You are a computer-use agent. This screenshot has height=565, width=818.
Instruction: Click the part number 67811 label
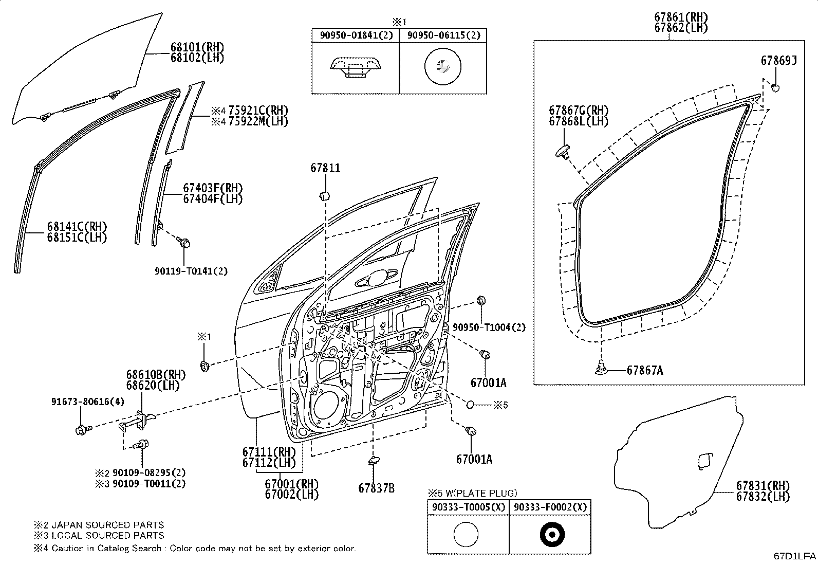(325, 168)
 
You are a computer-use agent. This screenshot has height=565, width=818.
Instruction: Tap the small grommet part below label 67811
(325, 196)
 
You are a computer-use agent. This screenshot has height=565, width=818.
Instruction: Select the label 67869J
(778, 61)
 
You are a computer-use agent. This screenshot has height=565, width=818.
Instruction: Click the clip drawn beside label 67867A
(601, 368)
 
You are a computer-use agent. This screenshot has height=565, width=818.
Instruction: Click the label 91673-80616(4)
(88, 402)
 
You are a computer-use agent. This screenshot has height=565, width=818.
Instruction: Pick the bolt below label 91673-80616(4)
(83, 429)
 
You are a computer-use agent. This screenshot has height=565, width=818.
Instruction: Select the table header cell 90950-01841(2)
(356, 35)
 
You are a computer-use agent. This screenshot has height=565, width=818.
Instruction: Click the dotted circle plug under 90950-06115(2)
(442, 66)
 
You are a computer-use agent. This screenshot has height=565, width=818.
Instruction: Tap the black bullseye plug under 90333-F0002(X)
(552, 534)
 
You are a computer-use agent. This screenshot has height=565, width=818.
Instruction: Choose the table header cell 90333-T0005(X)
(469, 507)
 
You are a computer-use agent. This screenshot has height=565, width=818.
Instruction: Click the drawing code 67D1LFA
(795, 556)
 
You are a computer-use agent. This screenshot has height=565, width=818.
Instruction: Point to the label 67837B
(376, 488)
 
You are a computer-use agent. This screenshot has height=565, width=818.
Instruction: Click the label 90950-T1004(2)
(489, 327)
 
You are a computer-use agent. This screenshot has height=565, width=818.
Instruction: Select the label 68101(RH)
(197, 47)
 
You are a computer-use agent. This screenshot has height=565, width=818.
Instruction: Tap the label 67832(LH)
(763, 496)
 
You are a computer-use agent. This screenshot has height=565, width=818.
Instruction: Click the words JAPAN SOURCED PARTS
(108, 525)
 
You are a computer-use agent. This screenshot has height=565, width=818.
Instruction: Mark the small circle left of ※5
(470, 405)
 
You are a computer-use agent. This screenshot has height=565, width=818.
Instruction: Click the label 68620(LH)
(153, 385)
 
